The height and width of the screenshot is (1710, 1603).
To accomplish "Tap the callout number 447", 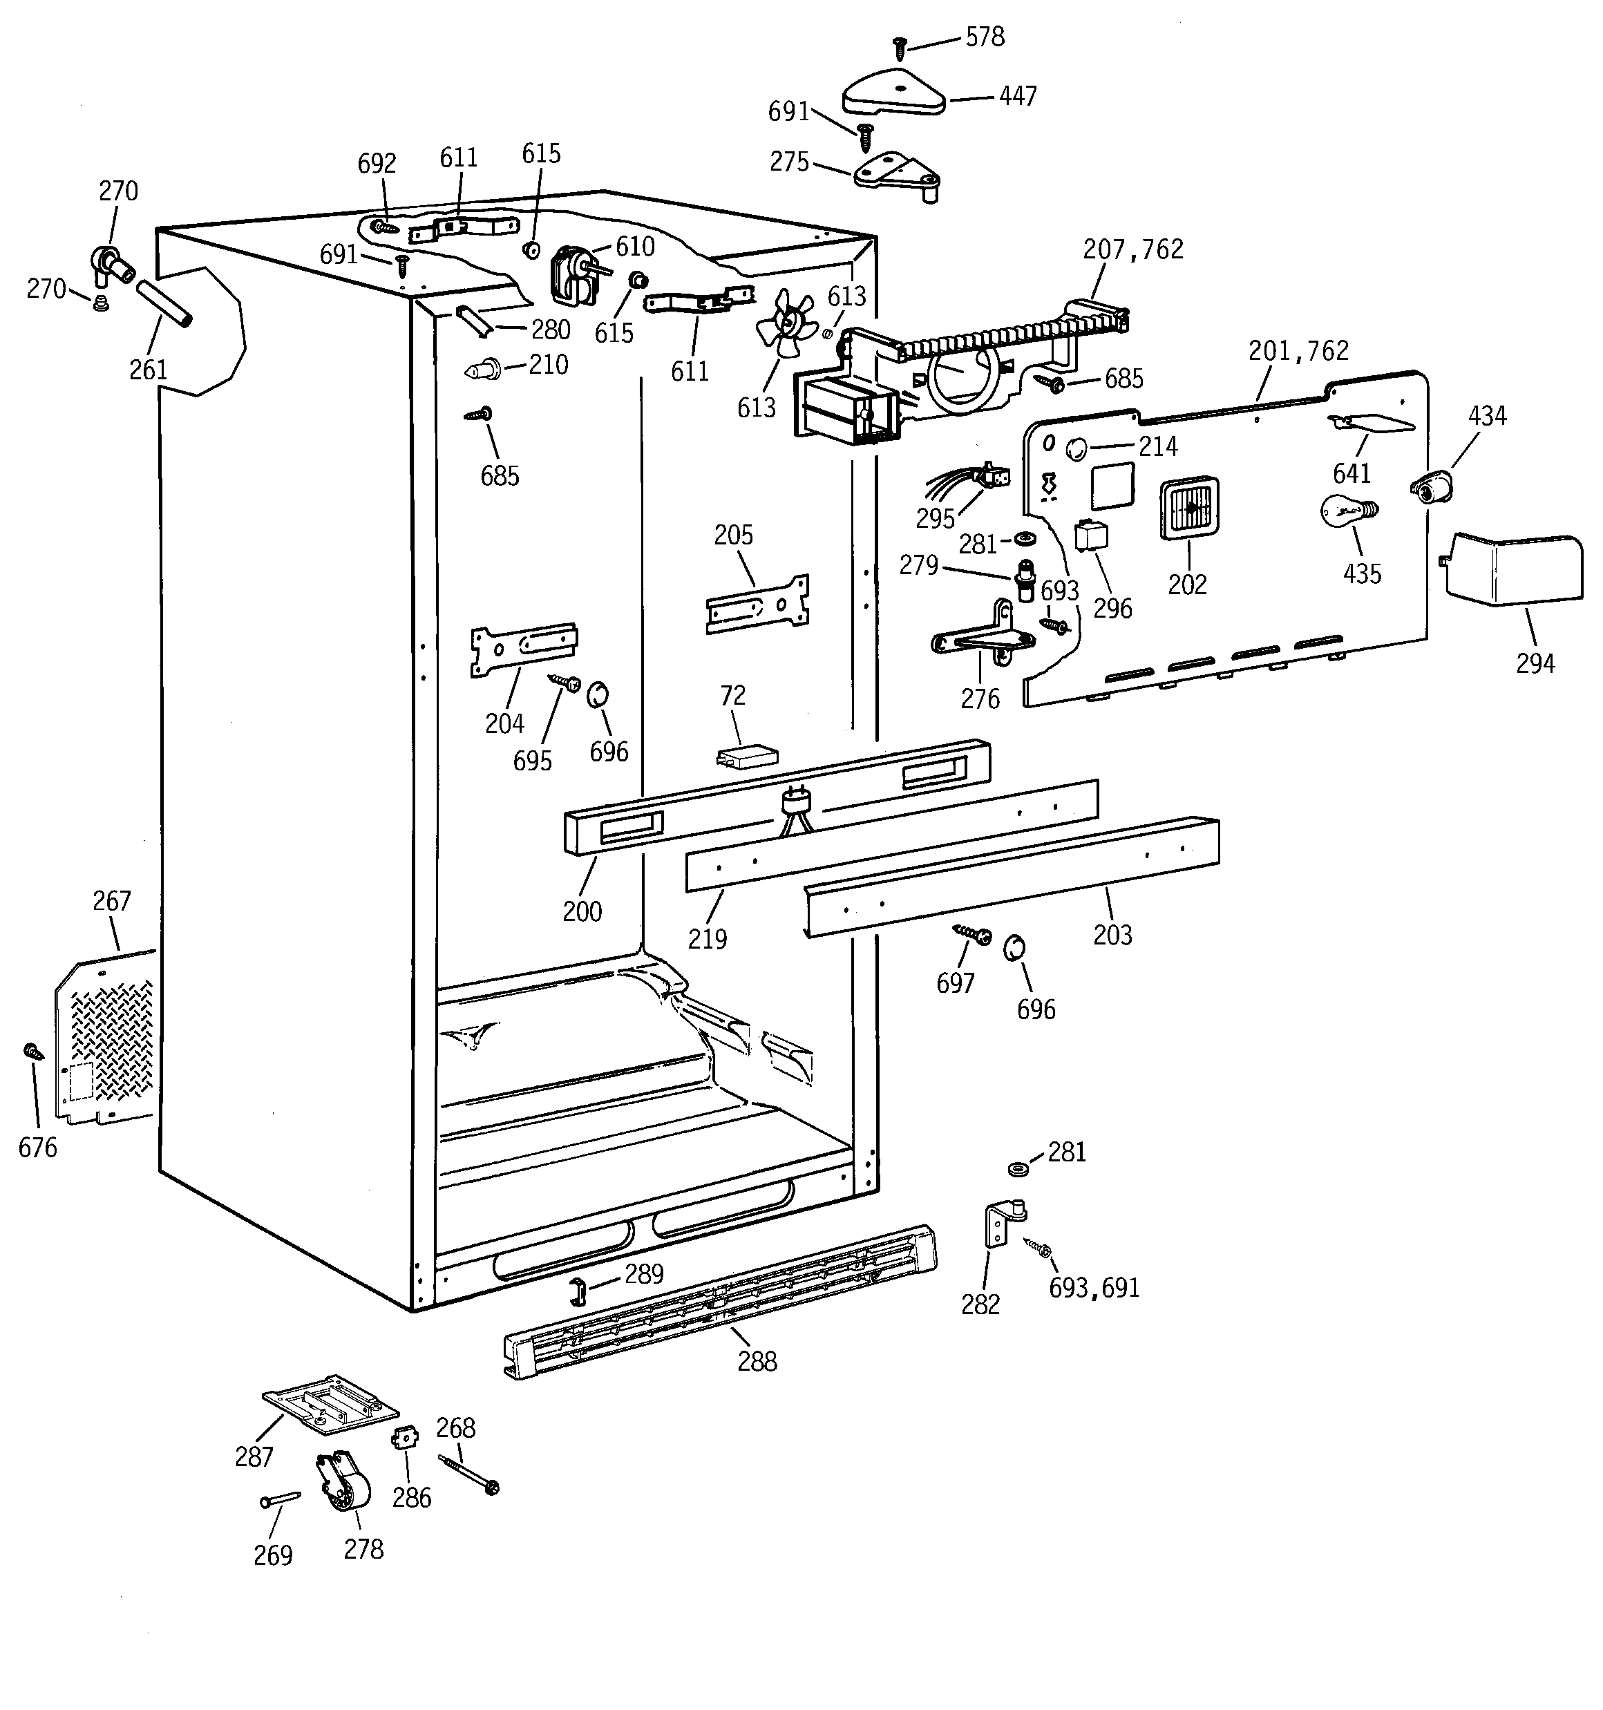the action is (1017, 96).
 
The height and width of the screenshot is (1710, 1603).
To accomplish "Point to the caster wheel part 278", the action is (344, 1488).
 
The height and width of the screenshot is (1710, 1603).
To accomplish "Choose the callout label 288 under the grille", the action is (757, 1362).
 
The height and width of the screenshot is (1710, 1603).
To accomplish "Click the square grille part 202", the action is (1190, 509).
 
